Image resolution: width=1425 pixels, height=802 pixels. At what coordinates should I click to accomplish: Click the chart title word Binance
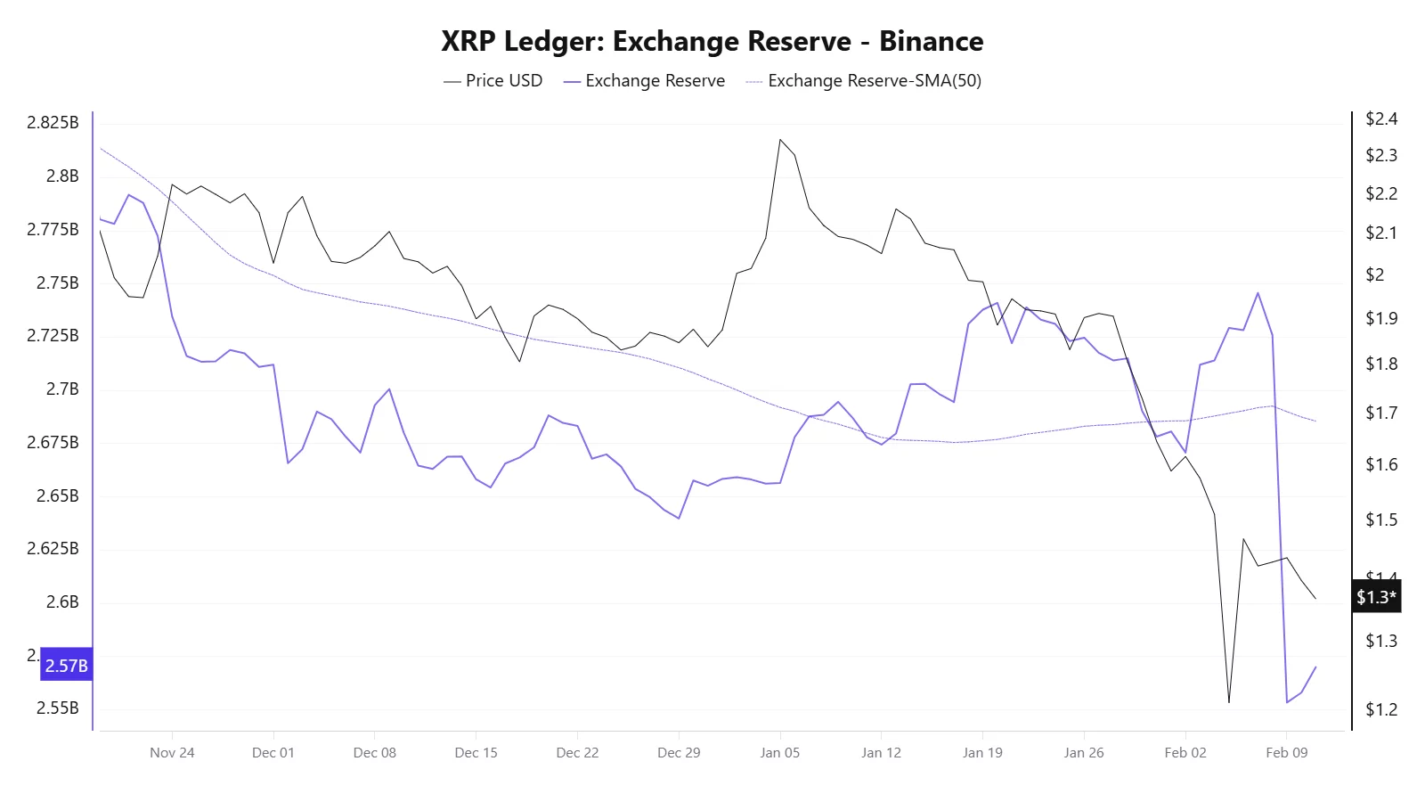point(931,42)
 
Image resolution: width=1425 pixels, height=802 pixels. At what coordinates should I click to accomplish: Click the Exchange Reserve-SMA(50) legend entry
point(863,81)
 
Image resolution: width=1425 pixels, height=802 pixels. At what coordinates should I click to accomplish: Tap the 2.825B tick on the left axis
point(53,123)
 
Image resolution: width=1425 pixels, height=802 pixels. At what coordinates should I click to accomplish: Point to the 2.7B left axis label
point(62,389)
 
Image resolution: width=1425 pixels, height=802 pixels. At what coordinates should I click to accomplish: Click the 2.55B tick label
point(57,708)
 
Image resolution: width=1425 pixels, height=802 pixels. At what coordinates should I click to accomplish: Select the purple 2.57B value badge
point(66,666)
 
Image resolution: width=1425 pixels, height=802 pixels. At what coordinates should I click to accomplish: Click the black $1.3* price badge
point(1376,597)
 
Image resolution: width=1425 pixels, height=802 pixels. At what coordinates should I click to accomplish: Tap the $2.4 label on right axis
point(1380,119)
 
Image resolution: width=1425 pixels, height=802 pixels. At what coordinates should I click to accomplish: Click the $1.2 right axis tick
point(1380,710)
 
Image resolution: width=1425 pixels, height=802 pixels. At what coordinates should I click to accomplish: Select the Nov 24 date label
point(172,753)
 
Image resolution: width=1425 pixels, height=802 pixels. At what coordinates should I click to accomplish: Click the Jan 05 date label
point(779,753)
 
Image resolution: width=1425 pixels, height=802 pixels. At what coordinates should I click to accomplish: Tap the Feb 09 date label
point(1286,753)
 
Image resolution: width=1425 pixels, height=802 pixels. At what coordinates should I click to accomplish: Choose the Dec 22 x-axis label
point(577,753)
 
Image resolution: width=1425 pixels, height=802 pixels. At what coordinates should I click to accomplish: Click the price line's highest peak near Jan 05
point(780,139)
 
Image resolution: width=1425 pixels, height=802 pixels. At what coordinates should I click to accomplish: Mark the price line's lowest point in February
point(1229,702)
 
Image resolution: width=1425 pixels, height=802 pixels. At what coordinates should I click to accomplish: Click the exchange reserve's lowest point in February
point(1287,702)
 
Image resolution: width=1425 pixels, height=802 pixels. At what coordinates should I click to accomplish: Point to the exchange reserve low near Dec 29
point(679,518)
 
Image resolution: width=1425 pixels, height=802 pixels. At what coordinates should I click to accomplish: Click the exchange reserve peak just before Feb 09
point(1258,293)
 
